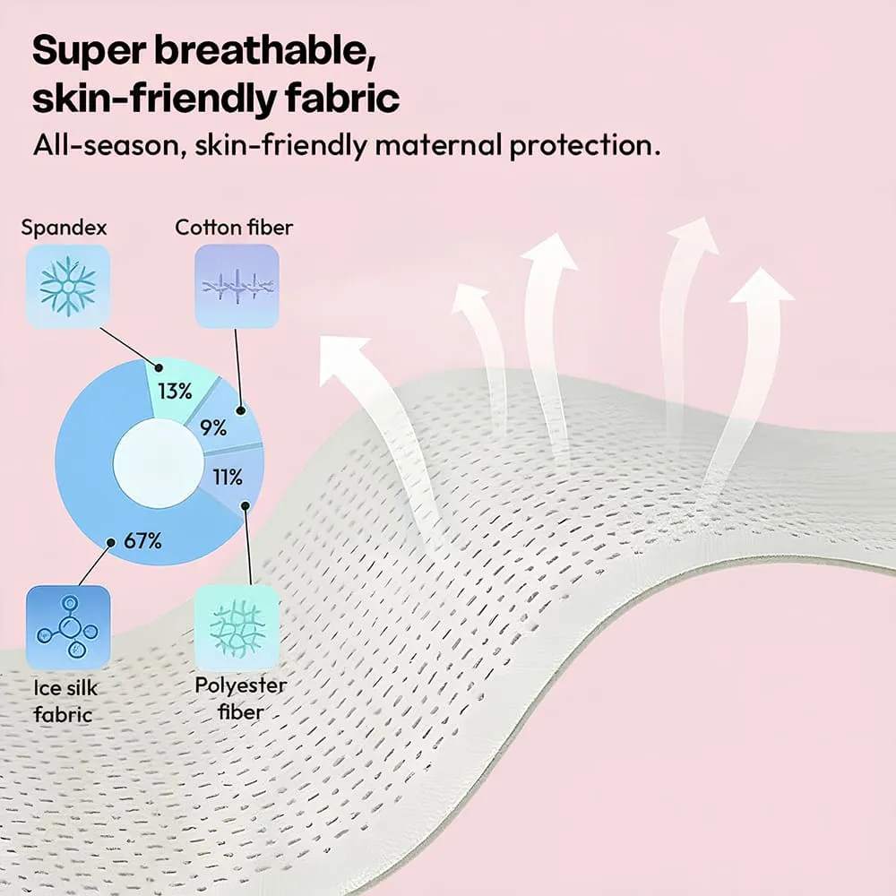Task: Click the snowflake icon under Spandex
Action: pyautogui.click(x=67, y=287)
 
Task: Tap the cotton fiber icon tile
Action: pyautogui.click(x=237, y=287)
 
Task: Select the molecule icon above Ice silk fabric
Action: pyautogui.click(x=68, y=627)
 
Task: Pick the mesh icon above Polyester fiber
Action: pyautogui.click(x=237, y=627)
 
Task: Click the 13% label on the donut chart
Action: pyautogui.click(x=175, y=392)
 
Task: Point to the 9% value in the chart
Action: pyautogui.click(x=213, y=427)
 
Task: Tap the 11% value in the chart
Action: pyautogui.click(x=228, y=477)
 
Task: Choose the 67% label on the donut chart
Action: pyautogui.click(x=142, y=540)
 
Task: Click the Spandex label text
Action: pyautogui.click(x=64, y=228)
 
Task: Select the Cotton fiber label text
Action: pyautogui.click(x=234, y=228)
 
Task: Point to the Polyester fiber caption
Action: pyautogui.click(x=240, y=698)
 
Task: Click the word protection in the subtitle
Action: pyautogui.click(x=584, y=146)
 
